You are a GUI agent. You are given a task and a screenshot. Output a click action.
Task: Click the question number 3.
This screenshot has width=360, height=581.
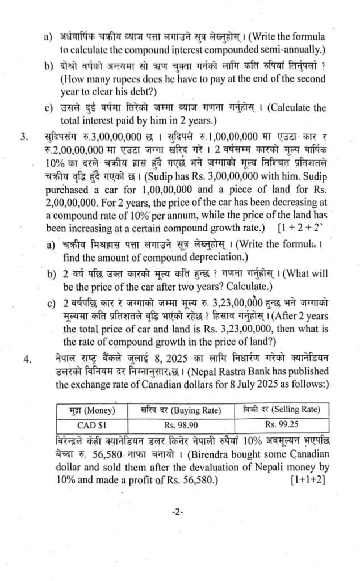[23, 137]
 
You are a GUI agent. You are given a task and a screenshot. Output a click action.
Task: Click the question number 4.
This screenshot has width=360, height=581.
[23, 358]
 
